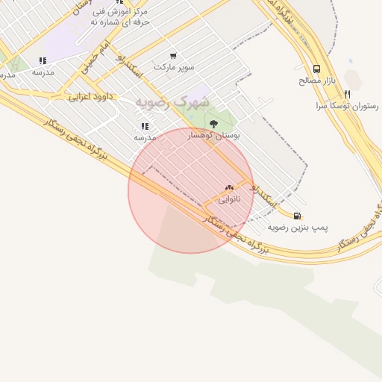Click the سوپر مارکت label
pos(173,67)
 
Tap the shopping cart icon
pos(173,56)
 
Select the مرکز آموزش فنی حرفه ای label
pos(119,17)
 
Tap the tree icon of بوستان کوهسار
pos(214,124)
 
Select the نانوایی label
pos(229,199)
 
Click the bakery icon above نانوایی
pos(229,188)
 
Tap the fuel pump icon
pos(298,216)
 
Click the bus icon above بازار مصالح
pos(317,69)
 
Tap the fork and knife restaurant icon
pos(347,95)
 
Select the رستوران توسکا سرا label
pos(347,106)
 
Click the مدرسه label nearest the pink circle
pos(145,137)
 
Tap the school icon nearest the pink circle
pos(144,126)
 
